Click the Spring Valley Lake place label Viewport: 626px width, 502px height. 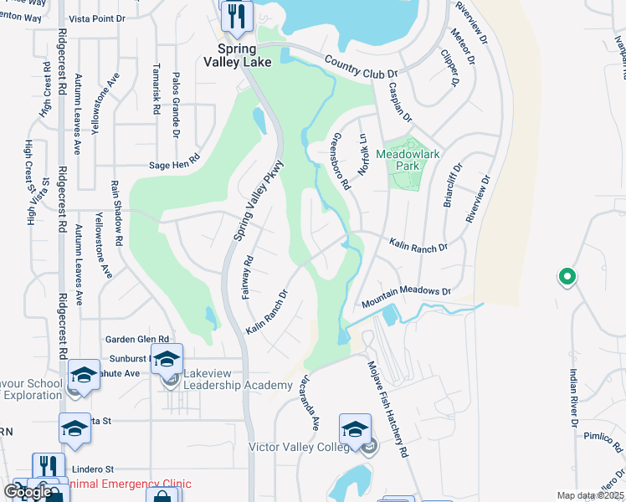coord(236,54)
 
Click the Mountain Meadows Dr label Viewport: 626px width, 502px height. coord(406,297)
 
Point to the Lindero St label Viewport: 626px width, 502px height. coord(92,470)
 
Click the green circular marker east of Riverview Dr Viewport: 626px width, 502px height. coord(567,276)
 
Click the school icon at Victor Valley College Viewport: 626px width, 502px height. coord(356,429)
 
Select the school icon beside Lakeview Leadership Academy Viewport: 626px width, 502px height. coord(167,360)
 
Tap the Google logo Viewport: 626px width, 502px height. coord(27,492)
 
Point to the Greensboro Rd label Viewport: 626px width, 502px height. coord(341,161)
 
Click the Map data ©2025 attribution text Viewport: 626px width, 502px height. coord(578,495)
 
